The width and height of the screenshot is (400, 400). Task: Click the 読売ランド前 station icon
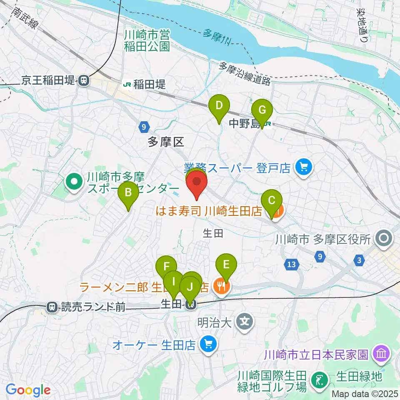[x=52, y=307]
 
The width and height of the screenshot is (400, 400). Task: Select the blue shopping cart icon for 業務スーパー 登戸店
[x=303, y=168]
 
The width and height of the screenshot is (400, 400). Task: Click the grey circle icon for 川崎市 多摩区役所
[x=383, y=239]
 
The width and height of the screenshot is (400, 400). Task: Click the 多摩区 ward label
[x=166, y=142]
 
